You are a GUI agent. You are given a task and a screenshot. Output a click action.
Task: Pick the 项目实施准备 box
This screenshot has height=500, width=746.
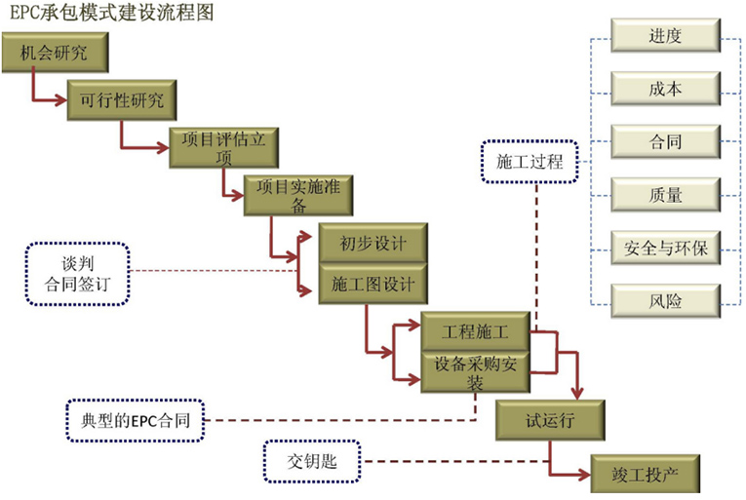coord(297,194)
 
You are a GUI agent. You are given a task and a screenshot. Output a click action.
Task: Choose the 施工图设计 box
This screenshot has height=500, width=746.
coord(373,285)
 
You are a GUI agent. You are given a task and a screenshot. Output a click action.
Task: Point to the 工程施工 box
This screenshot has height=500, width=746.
coord(476,331)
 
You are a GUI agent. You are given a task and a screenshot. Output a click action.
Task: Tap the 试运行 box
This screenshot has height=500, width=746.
coord(551,420)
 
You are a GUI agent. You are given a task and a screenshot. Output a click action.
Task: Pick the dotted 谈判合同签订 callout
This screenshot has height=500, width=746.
coord(78,274)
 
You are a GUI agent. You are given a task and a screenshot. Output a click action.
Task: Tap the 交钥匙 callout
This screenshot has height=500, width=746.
coord(313,461)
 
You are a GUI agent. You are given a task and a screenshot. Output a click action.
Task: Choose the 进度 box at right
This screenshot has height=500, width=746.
coord(665,38)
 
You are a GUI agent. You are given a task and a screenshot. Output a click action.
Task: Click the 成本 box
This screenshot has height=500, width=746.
coord(665,90)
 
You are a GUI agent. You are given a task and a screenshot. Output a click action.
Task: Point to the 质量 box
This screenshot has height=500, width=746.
coord(665,195)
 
